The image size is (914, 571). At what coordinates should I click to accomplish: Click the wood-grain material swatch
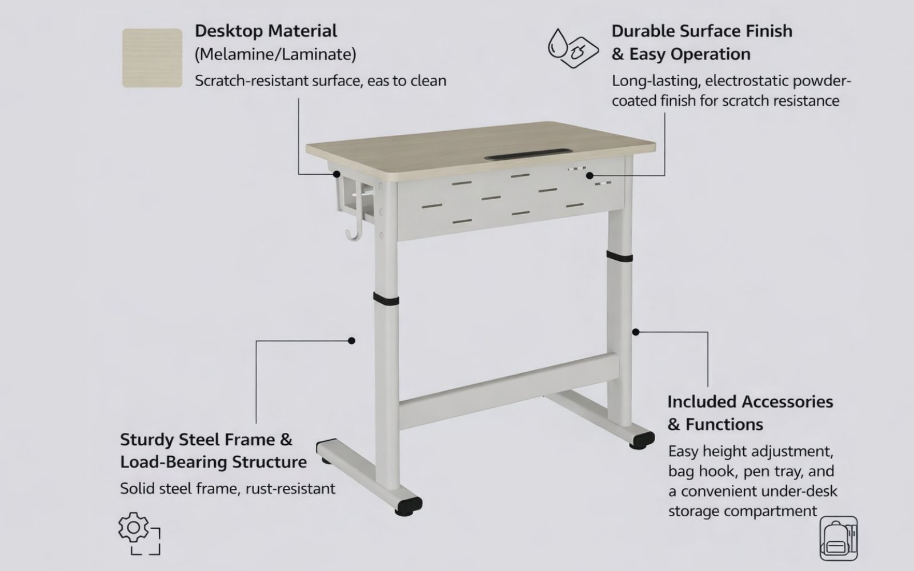tap(152, 58)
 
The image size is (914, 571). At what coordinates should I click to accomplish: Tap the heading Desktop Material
tap(266, 31)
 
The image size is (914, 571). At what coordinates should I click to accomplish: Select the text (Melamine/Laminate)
tap(275, 54)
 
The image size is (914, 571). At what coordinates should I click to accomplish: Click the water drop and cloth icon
tap(573, 48)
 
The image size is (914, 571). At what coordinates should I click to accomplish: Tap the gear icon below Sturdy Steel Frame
tap(139, 533)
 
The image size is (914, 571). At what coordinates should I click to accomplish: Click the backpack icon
tap(839, 538)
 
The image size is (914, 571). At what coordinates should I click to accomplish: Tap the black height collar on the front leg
tap(386, 299)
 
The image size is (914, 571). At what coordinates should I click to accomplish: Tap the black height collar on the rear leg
tap(619, 256)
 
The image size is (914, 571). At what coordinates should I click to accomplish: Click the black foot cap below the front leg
tap(408, 506)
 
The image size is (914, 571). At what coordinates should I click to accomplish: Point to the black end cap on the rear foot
tap(642, 440)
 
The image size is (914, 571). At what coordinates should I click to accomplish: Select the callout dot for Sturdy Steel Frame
tap(351, 340)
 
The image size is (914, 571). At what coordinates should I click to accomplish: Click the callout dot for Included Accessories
tap(636, 332)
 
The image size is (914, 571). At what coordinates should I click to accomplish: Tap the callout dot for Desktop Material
tap(336, 174)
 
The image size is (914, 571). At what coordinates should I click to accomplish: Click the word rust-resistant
tap(291, 489)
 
